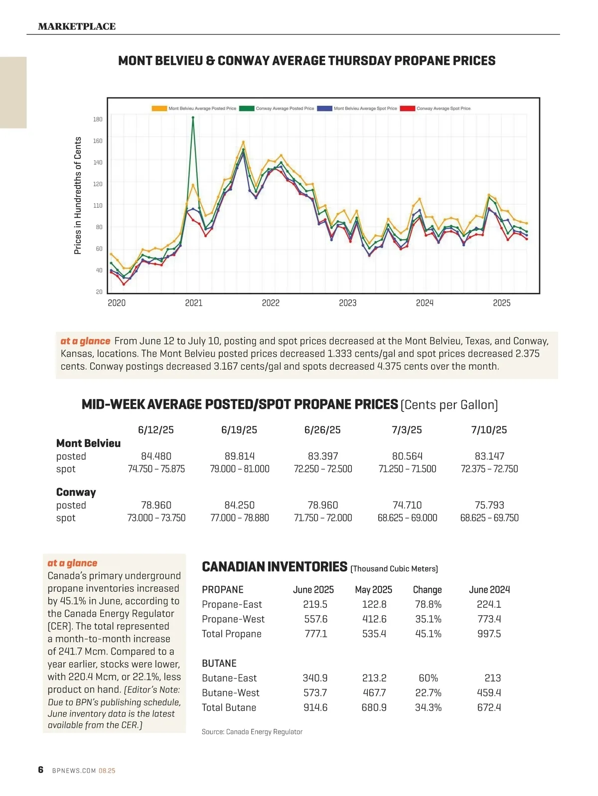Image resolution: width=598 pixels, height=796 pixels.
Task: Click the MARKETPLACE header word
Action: [77, 26]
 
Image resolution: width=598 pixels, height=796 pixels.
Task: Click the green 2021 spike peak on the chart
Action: [193, 118]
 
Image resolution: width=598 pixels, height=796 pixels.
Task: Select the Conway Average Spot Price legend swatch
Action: [408, 108]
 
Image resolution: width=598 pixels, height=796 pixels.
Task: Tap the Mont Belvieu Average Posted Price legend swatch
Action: [159, 108]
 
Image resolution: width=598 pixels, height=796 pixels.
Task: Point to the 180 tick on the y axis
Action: [98, 119]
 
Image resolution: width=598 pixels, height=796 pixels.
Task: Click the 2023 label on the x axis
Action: [347, 303]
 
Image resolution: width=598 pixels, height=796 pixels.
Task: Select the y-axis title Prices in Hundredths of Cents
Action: [78, 195]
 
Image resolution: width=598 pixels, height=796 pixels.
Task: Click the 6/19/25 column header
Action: [239, 430]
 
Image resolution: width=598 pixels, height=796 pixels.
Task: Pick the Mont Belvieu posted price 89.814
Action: [239, 456]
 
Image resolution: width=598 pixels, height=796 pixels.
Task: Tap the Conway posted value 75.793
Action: [489, 505]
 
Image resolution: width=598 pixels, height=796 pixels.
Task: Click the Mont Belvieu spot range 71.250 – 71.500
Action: [407, 469]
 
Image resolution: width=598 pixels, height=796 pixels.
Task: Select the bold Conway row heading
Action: [76, 492]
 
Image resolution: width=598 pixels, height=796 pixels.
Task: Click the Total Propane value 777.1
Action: [316, 634]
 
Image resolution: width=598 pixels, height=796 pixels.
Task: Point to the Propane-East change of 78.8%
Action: [428, 604]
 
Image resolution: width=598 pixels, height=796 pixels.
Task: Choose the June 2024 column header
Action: [489, 590]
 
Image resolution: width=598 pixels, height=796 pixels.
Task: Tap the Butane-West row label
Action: [230, 693]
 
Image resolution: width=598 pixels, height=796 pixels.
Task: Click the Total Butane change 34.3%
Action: [428, 707]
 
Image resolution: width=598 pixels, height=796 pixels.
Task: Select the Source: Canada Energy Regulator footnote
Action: [252, 732]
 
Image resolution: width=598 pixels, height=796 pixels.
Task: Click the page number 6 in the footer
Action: [41, 770]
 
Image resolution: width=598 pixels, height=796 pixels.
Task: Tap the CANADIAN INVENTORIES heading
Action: [274, 567]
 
